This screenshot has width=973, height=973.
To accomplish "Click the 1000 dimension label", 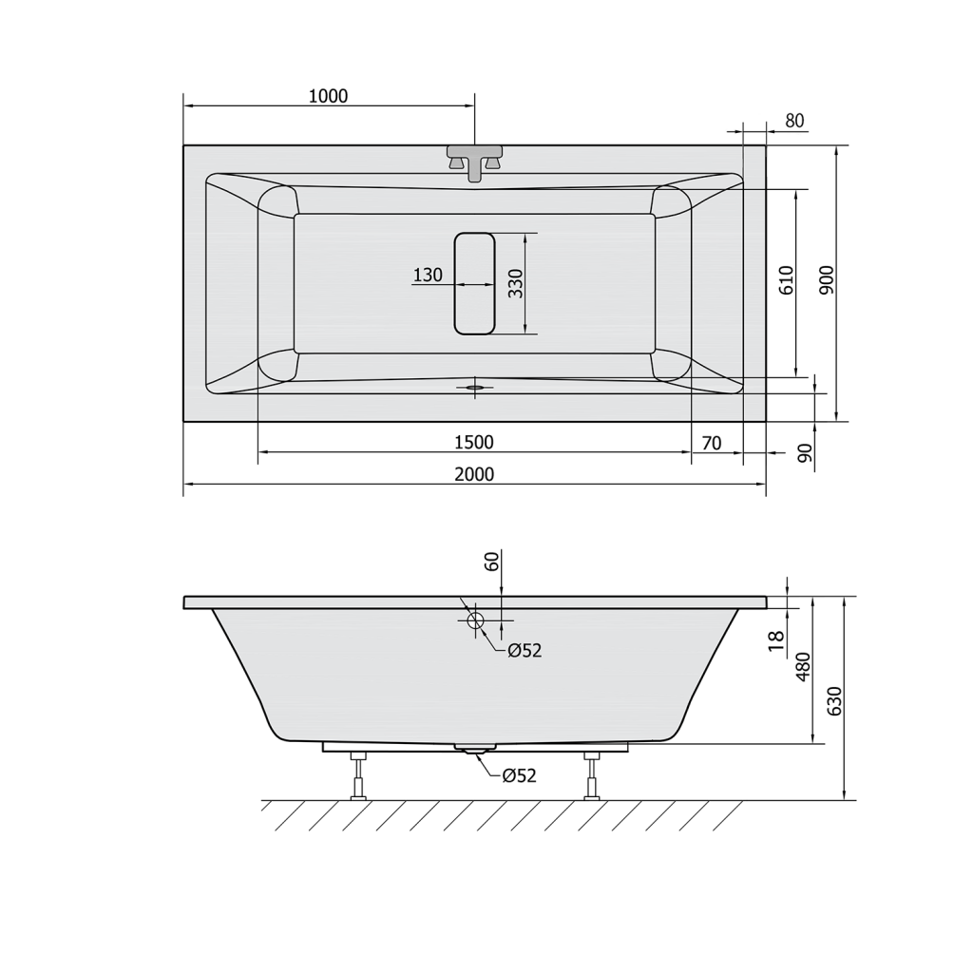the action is (x=328, y=96).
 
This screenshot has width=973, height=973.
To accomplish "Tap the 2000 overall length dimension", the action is (x=474, y=474).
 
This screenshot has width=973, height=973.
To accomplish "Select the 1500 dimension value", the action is (x=474, y=442).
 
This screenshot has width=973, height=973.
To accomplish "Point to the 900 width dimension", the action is (x=827, y=280).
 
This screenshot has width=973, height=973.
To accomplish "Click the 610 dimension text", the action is (x=786, y=280).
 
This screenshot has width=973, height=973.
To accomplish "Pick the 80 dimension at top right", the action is (x=795, y=121).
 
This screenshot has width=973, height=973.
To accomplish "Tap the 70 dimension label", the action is (x=712, y=443).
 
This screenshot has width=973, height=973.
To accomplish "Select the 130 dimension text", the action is (x=428, y=275).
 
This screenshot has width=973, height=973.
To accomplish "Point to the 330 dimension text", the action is (x=516, y=283).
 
